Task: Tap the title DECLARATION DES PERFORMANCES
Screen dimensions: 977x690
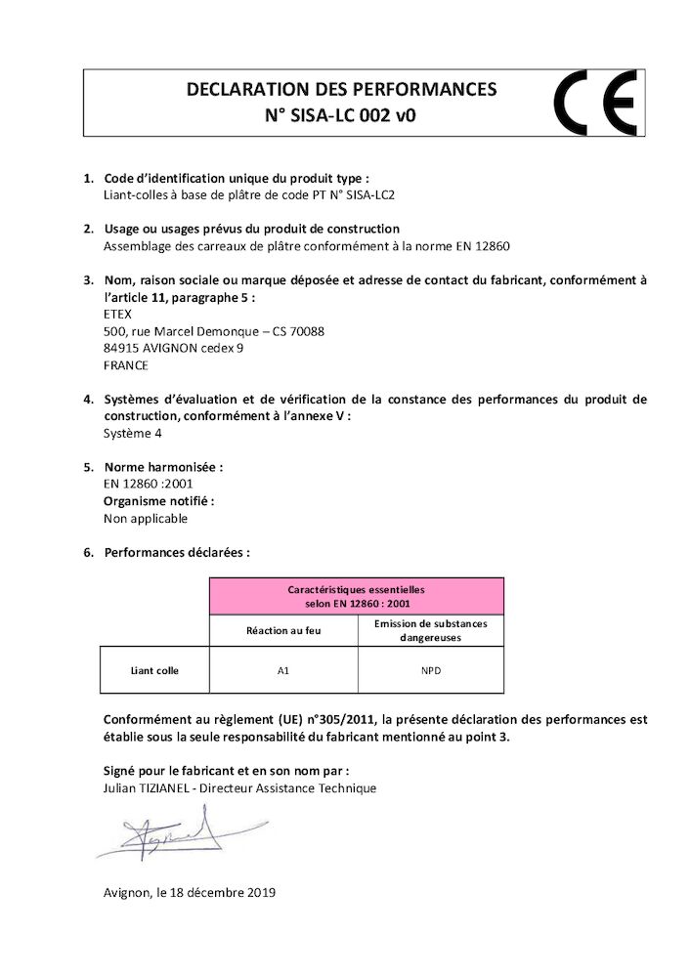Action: click(341, 90)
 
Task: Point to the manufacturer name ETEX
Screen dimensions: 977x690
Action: click(116, 315)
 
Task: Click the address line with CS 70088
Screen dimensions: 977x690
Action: click(213, 331)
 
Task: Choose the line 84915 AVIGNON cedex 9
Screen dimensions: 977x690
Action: click(173, 348)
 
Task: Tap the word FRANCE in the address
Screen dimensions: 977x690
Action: click(125, 365)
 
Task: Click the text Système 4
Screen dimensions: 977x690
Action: click(133, 433)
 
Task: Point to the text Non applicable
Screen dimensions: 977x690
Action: click(145, 519)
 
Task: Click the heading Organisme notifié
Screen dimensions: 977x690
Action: click(158, 501)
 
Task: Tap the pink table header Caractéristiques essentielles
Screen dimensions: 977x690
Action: click(356, 596)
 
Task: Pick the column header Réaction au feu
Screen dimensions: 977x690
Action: click(283, 630)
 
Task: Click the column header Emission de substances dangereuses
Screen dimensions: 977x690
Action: click(430, 630)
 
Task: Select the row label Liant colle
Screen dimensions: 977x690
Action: click(154, 670)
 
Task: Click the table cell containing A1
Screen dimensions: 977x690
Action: click(283, 670)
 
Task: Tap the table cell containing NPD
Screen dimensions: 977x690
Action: click(430, 670)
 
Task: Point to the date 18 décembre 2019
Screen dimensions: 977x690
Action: click(222, 892)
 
